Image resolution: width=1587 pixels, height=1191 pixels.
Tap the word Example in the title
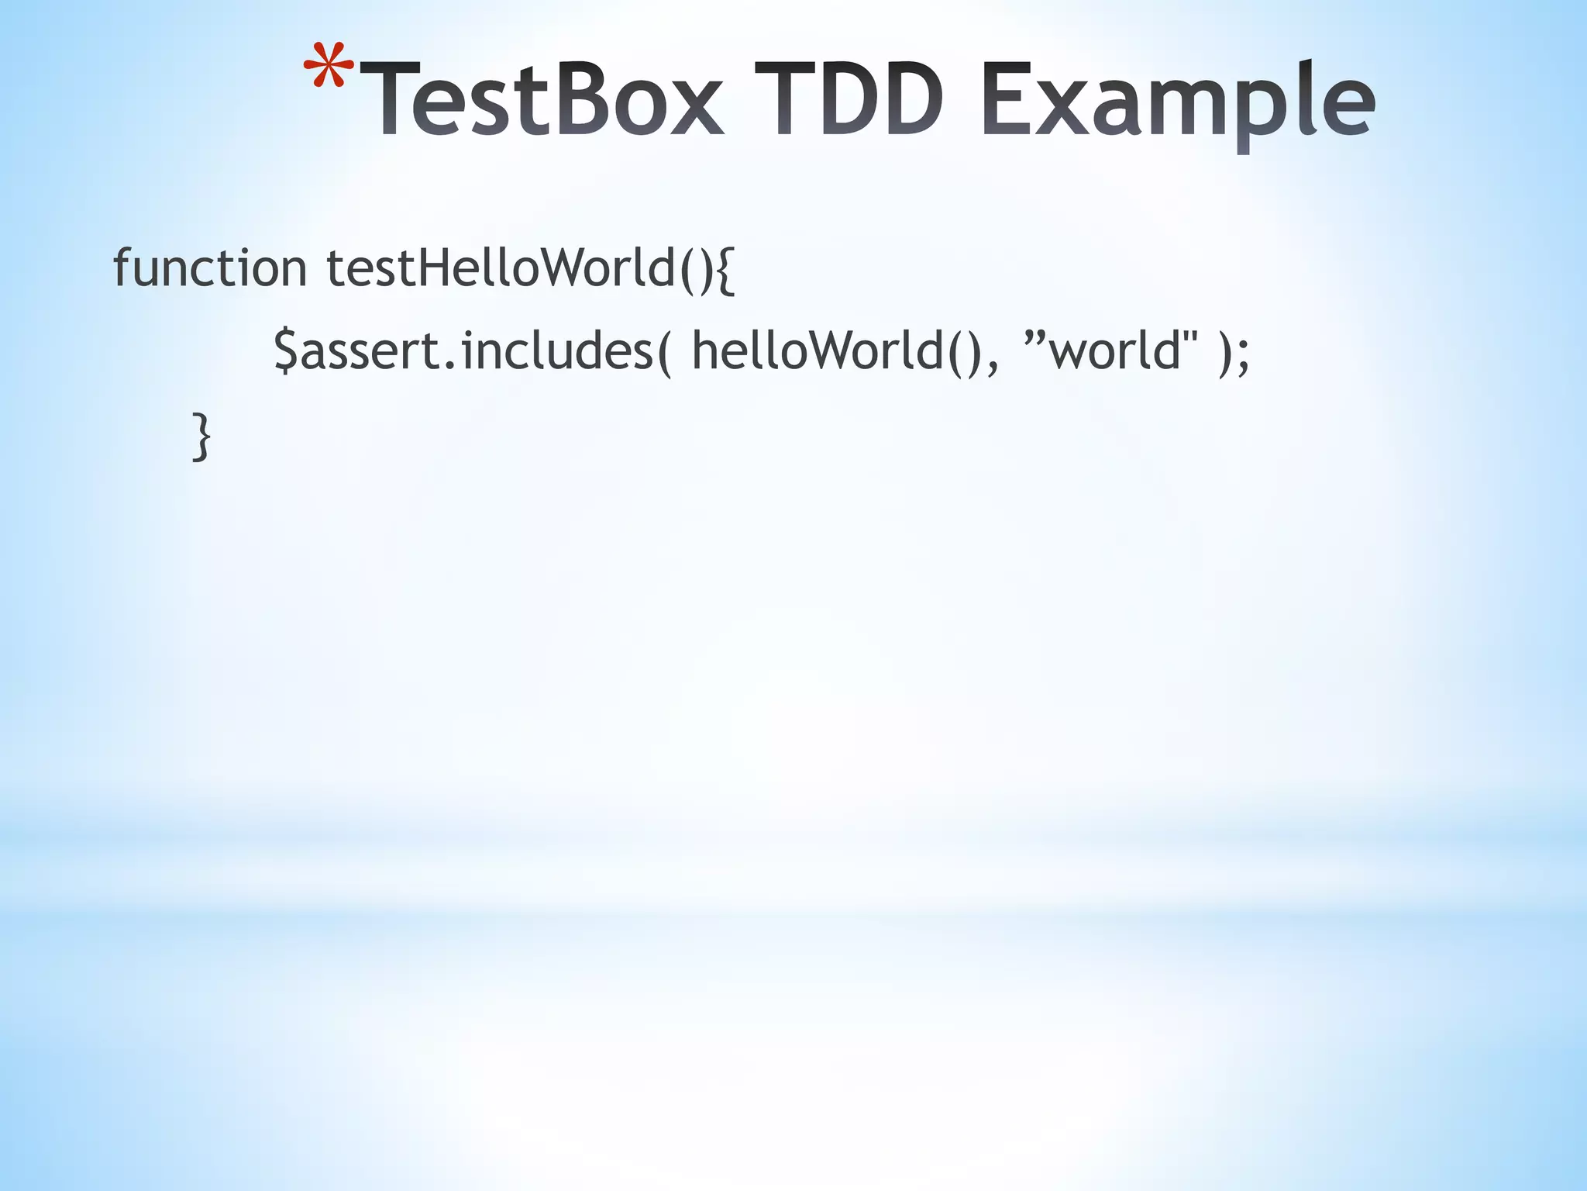(x=1176, y=105)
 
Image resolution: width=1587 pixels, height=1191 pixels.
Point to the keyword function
(x=210, y=268)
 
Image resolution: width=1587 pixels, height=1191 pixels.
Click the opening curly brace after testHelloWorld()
(x=724, y=270)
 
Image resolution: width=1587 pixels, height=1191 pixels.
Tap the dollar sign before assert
(x=285, y=351)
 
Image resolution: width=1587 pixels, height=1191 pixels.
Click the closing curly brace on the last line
(x=201, y=437)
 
